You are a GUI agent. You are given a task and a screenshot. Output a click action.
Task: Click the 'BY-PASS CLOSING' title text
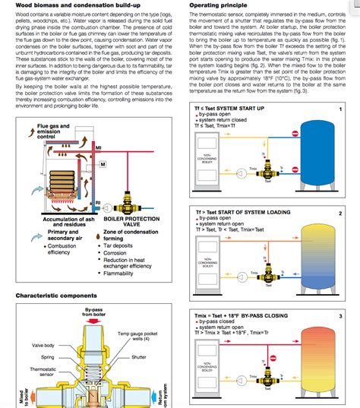[x=266, y=315]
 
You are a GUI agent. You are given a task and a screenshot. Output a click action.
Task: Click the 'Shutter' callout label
[x=138, y=356]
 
